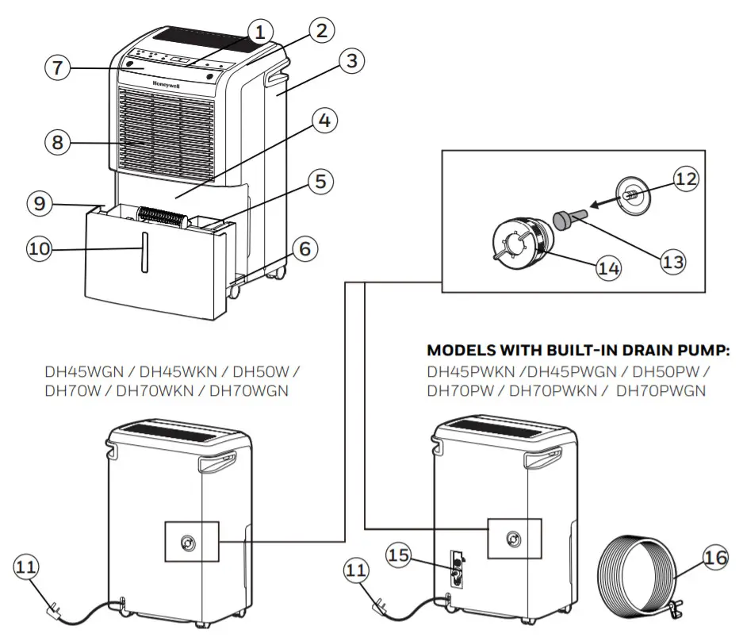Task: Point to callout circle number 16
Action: (x=715, y=558)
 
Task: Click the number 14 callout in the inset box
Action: (x=607, y=267)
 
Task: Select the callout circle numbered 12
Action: (x=687, y=179)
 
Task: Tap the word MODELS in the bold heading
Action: (x=459, y=350)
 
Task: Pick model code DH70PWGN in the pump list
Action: (x=661, y=390)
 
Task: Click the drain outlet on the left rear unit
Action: (x=188, y=543)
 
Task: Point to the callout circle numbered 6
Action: (x=304, y=249)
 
